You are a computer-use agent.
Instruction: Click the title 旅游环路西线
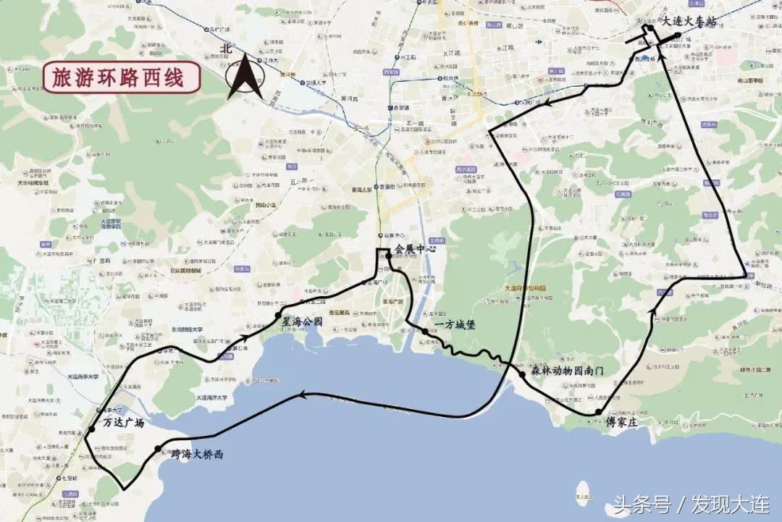tap(117, 76)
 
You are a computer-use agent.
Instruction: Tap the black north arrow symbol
tap(245, 77)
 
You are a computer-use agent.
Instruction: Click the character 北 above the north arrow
tap(227, 49)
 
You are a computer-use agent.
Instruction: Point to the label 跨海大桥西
tap(197, 455)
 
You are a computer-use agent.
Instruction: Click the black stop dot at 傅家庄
tap(598, 412)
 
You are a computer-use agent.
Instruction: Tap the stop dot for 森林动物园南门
tap(522, 374)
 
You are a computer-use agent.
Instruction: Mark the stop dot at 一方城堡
tap(424, 331)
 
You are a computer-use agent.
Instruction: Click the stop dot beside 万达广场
tap(91, 430)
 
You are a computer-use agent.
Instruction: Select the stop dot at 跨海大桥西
tap(159, 449)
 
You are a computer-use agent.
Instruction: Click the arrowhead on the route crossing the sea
tap(305, 395)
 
